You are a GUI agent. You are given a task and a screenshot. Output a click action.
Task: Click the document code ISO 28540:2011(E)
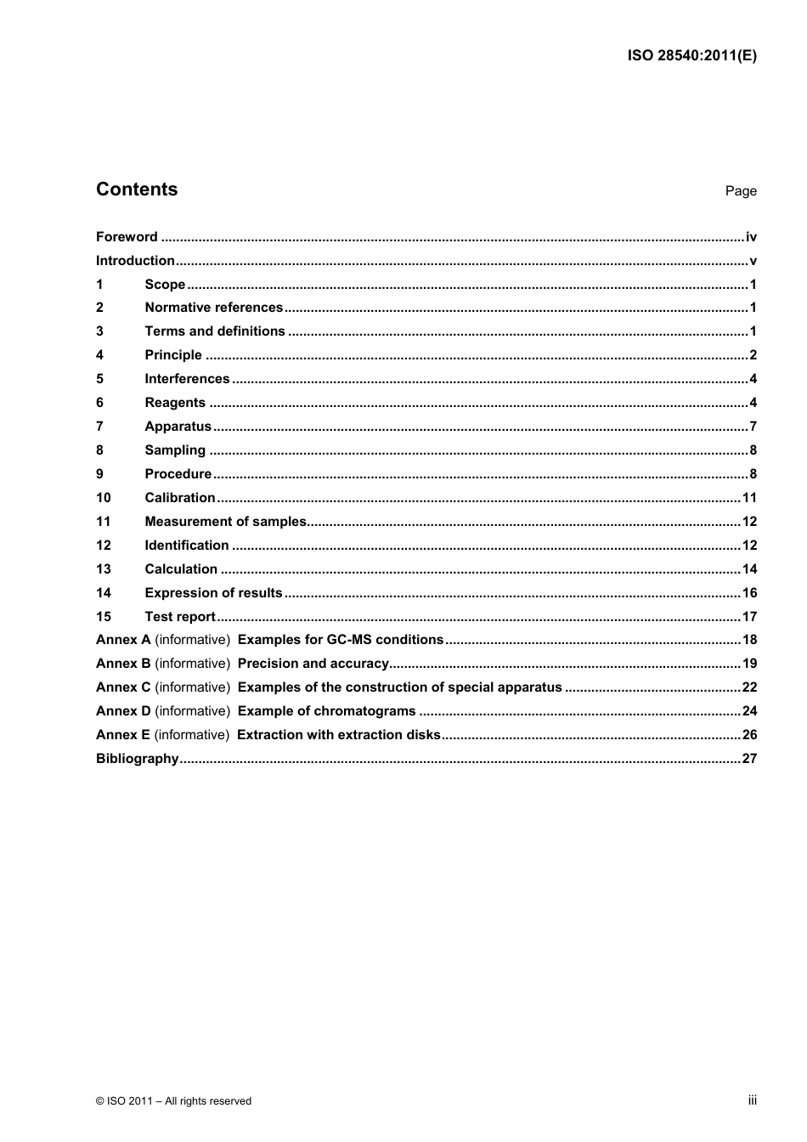(x=691, y=56)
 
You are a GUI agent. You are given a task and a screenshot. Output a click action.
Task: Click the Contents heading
(x=137, y=189)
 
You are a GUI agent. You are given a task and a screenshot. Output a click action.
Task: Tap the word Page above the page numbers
(x=740, y=191)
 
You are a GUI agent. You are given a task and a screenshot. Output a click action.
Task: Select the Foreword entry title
(x=127, y=237)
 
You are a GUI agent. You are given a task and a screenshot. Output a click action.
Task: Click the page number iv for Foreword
(x=751, y=237)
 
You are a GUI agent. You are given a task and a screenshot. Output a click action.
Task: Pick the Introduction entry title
(x=135, y=261)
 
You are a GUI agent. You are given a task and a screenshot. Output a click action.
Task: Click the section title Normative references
(x=213, y=308)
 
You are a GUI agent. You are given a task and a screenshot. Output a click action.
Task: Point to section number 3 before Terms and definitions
(x=99, y=331)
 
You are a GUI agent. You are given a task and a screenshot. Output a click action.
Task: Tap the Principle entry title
(x=173, y=355)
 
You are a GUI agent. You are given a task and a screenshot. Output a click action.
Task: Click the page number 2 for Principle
(x=753, y=355)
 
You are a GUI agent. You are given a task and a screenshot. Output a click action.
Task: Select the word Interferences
(x=187, y=379)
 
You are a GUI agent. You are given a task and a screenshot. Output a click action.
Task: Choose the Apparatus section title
(x=178, y=427)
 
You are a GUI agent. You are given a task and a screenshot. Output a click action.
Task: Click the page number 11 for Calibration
(x=749, y=498)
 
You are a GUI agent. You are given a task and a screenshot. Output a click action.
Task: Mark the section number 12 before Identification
(x=104, y=546)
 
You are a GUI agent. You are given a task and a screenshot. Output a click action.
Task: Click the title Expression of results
(x=213, y=593)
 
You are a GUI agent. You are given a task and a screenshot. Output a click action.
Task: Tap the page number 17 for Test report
(x=749, y=617)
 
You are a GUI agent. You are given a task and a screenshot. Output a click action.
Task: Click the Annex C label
(x=123, y=687)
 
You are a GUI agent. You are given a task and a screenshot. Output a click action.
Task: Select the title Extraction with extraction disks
(x=339, y=735)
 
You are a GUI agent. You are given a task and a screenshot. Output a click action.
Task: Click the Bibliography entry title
(x=137, y=759)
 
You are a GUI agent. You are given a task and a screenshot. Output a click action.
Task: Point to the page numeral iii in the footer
(x=752, y=1100)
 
